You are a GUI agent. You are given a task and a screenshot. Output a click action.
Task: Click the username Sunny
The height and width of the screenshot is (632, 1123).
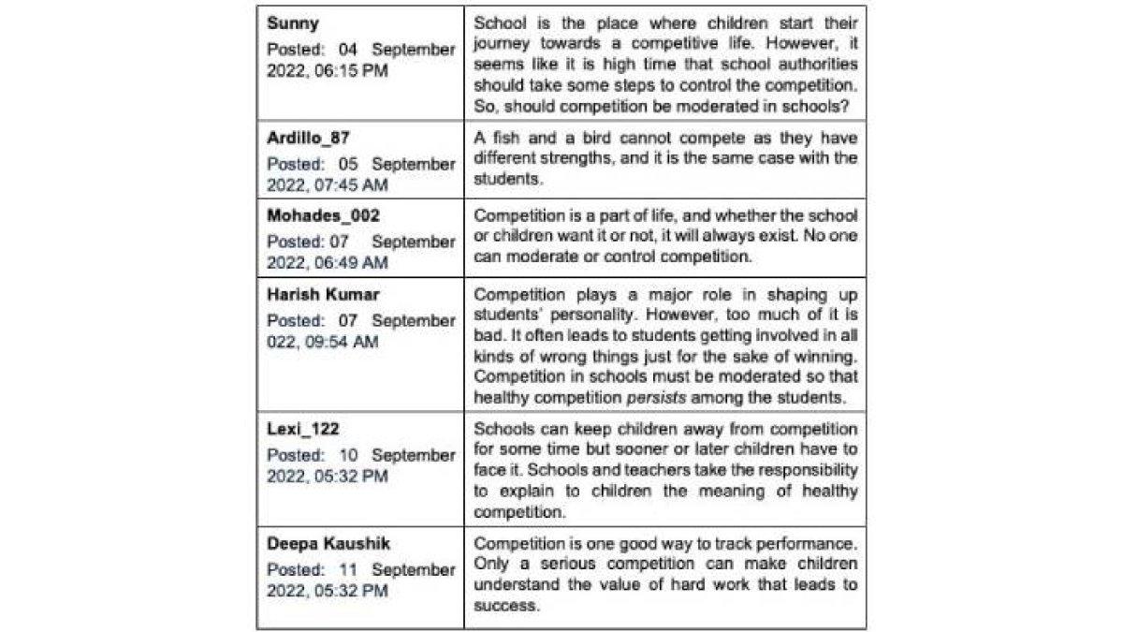click(292, 24)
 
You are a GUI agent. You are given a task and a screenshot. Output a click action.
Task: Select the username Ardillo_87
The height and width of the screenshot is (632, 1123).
click(308, 139)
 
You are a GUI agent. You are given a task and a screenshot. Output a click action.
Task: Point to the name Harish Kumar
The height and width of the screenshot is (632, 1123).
click(323, 295)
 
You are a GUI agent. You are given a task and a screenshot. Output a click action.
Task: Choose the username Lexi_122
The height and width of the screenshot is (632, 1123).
click(303, 430)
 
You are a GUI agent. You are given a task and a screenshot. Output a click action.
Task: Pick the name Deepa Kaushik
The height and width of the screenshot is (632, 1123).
click(328, 544)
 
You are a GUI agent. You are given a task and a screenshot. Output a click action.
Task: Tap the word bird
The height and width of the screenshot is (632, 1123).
click(587, 139)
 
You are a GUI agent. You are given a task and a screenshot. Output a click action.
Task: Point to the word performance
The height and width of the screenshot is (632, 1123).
click(809, 544)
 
